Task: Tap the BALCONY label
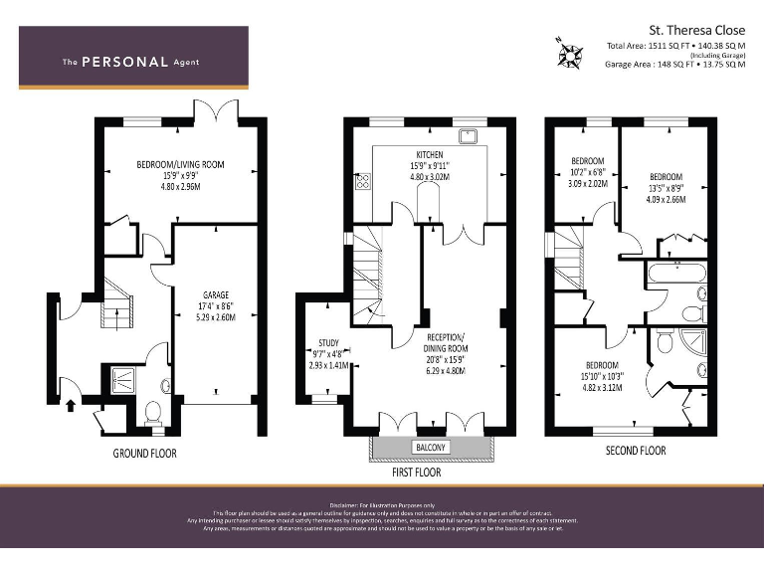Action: pyautogui.click(x=430, y=448)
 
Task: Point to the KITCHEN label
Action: pyautogui.click(x=430, y=155)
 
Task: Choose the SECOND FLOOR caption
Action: pyautogui.click(x=637, y=451)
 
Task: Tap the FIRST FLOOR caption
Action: pyautogui.click(x=417, y=473)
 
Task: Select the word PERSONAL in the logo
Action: pyautogui.click(x=124, y=62)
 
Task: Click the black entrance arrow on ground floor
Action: pyautogui.click(x=70, y=404)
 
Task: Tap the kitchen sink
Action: pyautogui.click(x=466, y=135)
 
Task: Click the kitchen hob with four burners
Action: pyautogui.click(x=363, y=181)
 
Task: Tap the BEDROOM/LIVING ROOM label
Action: pyautogui.click(x=181, y=164)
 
